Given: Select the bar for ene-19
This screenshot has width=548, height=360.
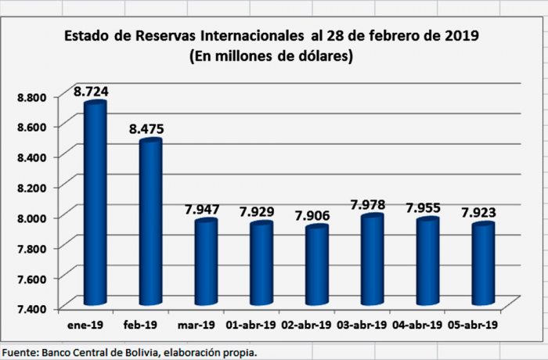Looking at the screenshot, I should click(95, 203).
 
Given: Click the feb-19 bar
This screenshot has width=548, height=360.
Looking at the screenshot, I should click(150, 223).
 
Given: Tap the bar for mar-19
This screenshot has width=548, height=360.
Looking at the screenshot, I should click(206, 262).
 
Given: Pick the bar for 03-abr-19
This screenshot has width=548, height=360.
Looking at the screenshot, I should click(373, 260).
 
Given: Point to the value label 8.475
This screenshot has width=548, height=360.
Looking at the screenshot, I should click(146, 128).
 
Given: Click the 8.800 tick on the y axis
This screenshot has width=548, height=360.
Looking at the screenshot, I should click(31, 96).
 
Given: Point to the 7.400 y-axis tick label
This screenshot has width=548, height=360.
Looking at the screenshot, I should click(31, 308).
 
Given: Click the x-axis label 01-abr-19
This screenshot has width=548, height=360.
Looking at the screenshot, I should click(251, 324).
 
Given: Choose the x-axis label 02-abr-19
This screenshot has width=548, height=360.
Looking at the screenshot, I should click(305, 324).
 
